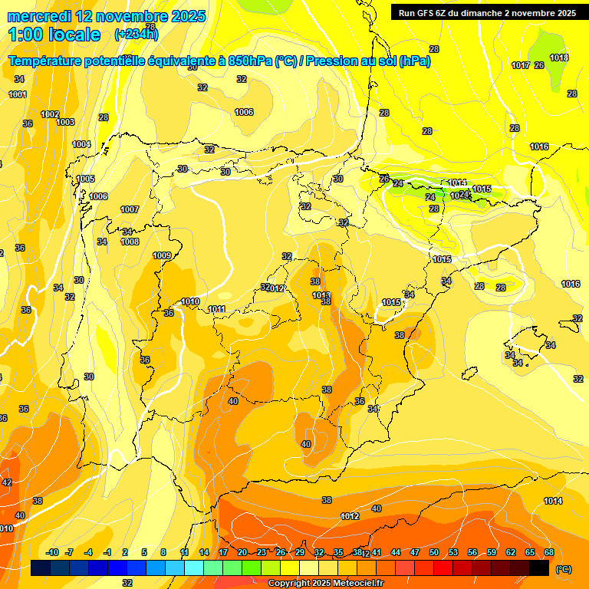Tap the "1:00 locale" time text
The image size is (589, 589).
tap(54, 35)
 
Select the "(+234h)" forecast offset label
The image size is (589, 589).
tap(136, 34)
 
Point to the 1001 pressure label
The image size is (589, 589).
tap(18, 94)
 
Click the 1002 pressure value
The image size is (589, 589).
tap(50, 114)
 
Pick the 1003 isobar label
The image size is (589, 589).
tap(65, 122)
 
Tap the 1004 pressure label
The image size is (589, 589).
tap(81, 144)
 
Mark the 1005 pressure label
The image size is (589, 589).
tap(85, 179)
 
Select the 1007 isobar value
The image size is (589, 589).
tap(130, 209)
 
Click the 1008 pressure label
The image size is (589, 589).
tap(130, 242)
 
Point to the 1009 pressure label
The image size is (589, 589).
tap(162, 255)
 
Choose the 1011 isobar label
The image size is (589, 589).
tap(217, 309)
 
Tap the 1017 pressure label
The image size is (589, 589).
tap(521, 65)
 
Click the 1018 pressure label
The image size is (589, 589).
tap(559, 58)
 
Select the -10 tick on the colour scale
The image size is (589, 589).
tap(52, 552)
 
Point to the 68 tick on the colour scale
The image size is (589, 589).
tap(549, 552)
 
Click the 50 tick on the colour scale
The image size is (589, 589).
tap(434, 552)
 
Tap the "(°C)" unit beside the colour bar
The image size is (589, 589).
tap(564, 568)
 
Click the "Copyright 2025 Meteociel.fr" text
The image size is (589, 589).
tap(326, 583)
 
